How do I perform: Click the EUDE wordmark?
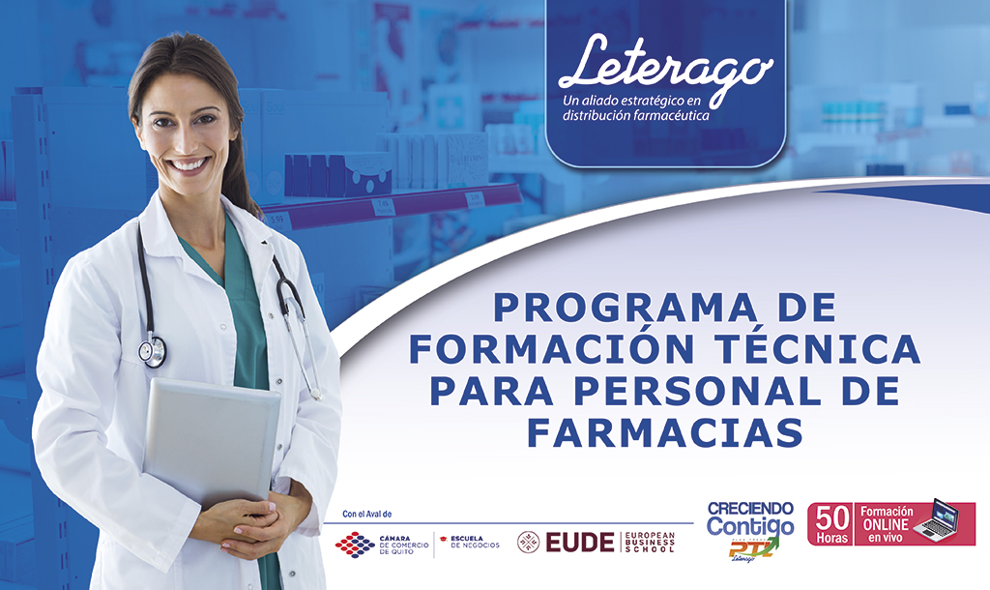coord(580,543)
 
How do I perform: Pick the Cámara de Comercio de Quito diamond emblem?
coord(355,545)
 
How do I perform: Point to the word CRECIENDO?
coord(751,509)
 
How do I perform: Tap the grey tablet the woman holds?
coord(213,435)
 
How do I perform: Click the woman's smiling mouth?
coord(189,164)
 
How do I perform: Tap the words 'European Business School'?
coord(650,543)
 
